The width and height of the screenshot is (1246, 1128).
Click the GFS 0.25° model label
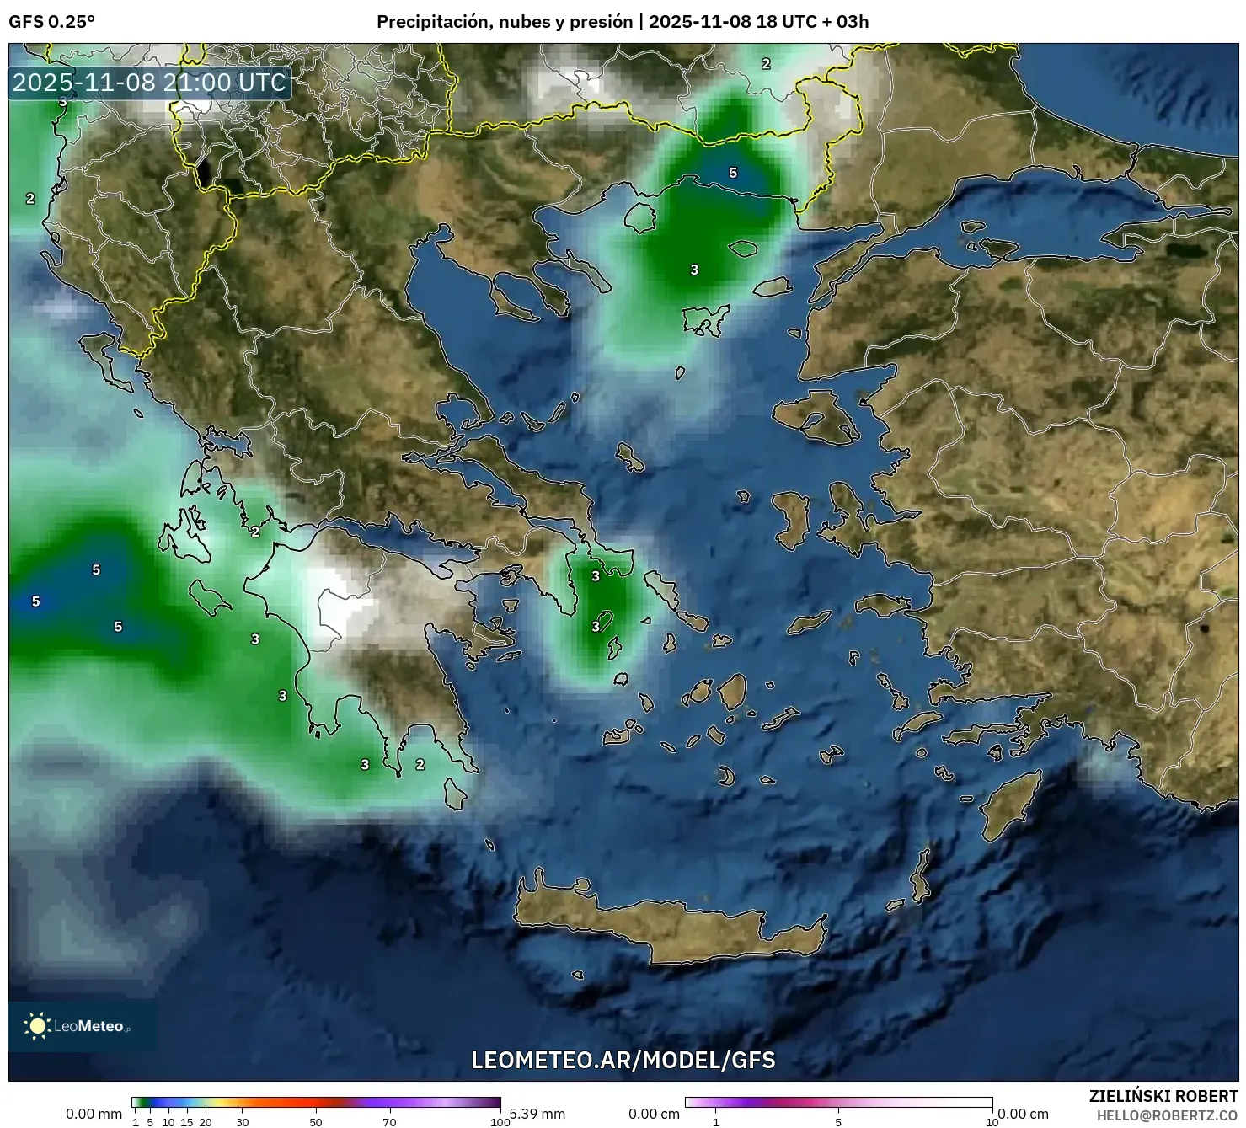(x=51, y=22)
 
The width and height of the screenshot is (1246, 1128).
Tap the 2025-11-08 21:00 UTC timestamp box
(x=150, y=83)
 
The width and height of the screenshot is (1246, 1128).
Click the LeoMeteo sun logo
(x=37, y=1025)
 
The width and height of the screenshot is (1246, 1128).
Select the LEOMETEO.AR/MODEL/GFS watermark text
(x=623, y=1060)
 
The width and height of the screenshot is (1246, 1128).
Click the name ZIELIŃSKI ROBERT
(x=1163, y=1096)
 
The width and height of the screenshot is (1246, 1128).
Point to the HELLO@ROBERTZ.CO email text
(x=1166, y=1115)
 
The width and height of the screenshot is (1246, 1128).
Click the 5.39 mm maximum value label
(x=537, y=1114)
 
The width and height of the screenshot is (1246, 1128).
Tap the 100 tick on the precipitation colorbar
(x=500, y=1122)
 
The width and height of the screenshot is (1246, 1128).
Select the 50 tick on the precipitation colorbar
(x=316, y=1122)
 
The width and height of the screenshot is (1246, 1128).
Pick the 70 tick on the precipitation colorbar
(x=389, y=1122)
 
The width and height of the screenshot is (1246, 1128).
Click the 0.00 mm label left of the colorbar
(x=94, y=1114)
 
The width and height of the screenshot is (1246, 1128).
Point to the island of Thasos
(x=640, y=217)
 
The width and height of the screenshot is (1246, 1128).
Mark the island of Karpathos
(x=921, y=876)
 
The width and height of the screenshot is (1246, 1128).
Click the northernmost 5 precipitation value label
(x=733, y=173)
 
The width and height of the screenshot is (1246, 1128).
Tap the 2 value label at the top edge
(x=766, y=63)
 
